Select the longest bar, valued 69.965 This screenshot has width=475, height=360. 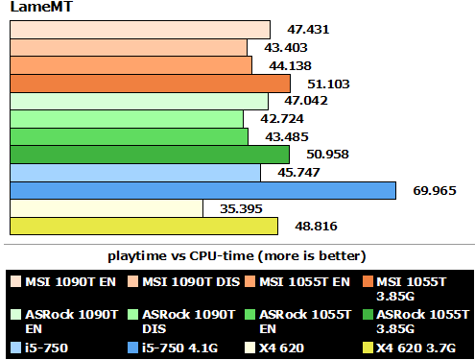pyautogui.click(x=202, y=190)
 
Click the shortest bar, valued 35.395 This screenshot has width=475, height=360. pyautogui.click(x=107, y=208)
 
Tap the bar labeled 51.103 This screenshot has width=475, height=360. pyautogui.click(x=150, y=84)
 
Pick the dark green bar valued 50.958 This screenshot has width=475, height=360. pyautogui.click(x=150, y=155)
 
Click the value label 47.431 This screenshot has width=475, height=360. pyautogui.click(x=308, y=30)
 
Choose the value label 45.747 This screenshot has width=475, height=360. pyautogui.click(x=292, y=173)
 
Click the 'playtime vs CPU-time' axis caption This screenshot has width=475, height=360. pyautogui.click(x=236, y=255)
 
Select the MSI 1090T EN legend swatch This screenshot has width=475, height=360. pyautogui.click(x=16, y=281)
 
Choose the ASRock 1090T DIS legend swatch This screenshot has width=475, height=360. pyautogui.click(x=131, y=314)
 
